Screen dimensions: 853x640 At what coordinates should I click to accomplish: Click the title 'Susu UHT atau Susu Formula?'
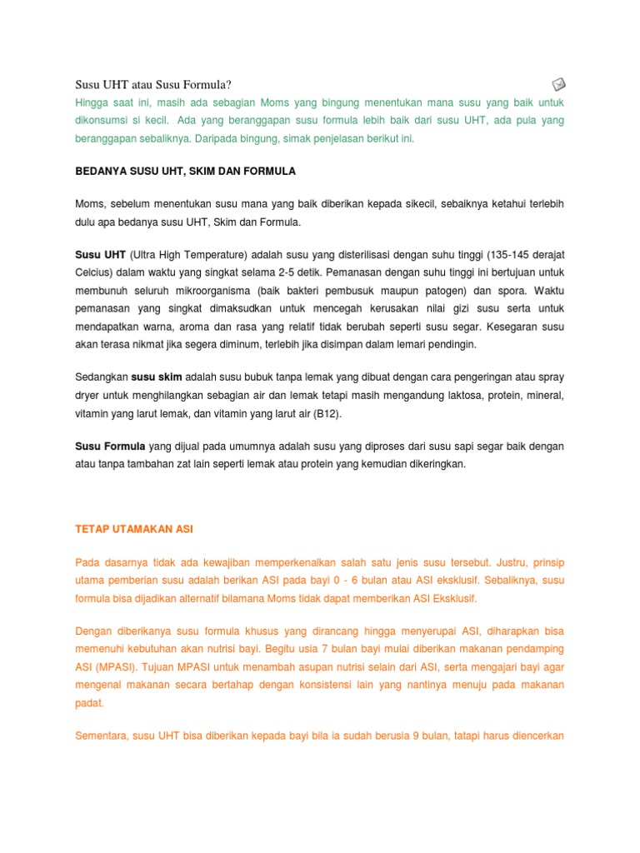pyautogui.click(x=152, y=84)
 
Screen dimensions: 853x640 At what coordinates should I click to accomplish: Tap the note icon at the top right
pyautogui.click(x=559, y=83)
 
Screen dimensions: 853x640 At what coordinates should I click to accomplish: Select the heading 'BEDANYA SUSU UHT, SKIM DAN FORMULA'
pyautogui.click(x=185, y=171)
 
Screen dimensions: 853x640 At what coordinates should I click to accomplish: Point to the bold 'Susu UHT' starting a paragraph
pyautogui.click(x=100, y=253)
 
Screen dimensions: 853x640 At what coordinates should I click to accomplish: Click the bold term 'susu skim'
pyautogui.click(x=157, y=376)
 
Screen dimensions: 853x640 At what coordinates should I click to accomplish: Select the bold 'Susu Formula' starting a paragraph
pyautogui.click(x=110, y=446)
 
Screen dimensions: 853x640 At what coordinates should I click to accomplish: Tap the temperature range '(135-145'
pyautogui.click(x=514, y=253)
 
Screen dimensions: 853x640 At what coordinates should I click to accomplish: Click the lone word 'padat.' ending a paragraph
pyautogui.click(x=90, y=703)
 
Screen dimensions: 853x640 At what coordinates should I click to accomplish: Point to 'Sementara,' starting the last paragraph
pyautogui.click(x=102, y=736)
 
